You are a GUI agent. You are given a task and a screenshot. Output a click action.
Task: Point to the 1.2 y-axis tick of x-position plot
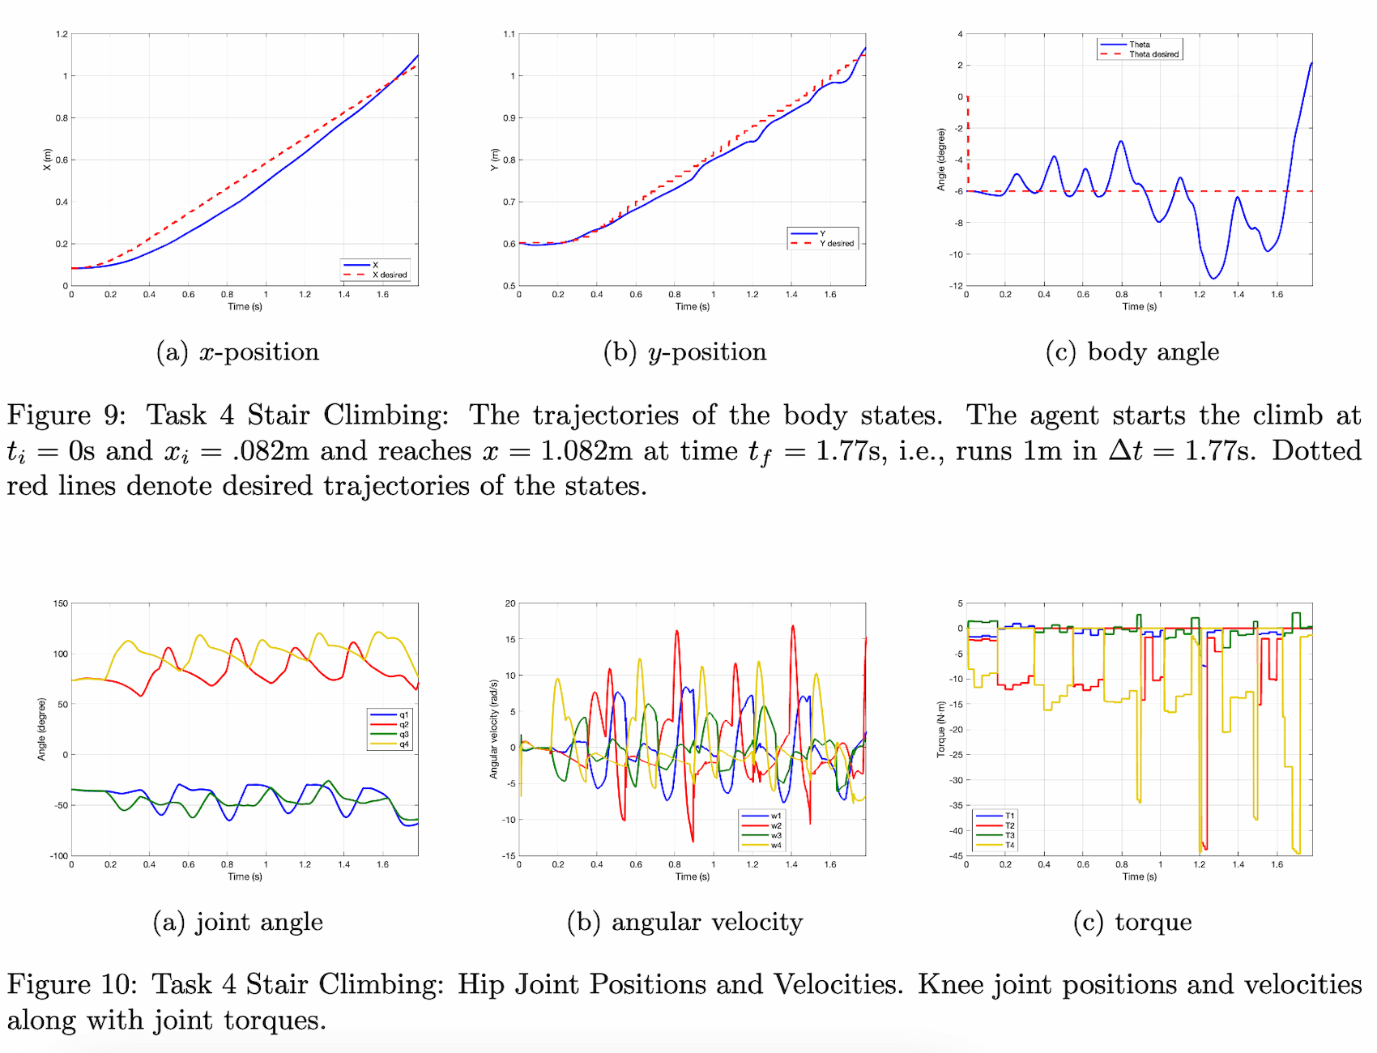click(62, 34)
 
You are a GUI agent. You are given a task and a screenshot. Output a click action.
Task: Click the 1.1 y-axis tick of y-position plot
click(509, 34)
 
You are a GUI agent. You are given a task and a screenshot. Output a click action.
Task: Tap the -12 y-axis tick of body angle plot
click(957, 286)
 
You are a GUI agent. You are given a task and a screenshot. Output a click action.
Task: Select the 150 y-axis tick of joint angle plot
click(61, 603)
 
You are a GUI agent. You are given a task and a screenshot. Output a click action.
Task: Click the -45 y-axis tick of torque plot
click(957, 855)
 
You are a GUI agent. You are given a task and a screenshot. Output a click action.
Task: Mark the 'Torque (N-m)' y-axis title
click(941, 729)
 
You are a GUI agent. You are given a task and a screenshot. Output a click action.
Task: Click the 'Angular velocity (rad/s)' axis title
click(493, 729)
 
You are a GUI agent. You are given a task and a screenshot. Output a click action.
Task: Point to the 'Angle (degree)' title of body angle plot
click(941, 160)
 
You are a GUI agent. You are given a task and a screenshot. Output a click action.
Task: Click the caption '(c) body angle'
click(1132, 352)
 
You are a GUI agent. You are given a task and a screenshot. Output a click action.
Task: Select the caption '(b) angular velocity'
click(684, 922)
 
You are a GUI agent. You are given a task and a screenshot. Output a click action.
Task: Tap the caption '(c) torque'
click(1132, 922)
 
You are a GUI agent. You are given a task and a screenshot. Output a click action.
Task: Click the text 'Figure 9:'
click(66, 415)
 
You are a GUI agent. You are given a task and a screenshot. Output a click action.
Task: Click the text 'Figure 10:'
click(73, 984)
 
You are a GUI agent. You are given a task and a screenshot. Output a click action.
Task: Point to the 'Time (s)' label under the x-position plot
click(245, 306)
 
